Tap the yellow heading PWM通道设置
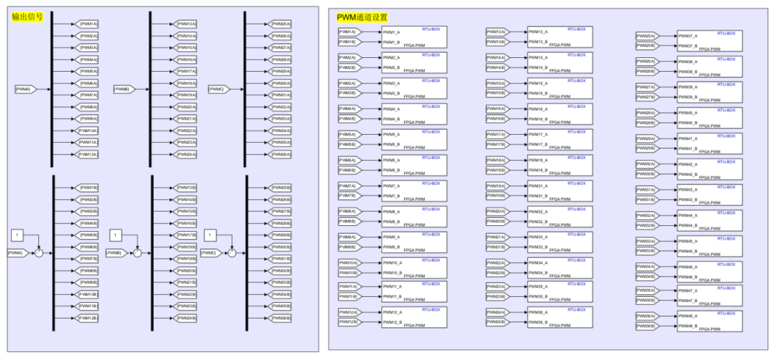tap(362, 17)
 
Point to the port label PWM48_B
tap(687, 327)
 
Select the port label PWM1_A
tap(391, 32)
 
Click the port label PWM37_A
tap(687, 35)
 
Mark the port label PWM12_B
tap(392, 322)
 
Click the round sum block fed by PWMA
tap(40, 252)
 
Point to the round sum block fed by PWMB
tap(138, 252)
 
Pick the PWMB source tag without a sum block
tap(122, 89)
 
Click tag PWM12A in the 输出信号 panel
tap(88, 154)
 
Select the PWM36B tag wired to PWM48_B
tap(645, 326)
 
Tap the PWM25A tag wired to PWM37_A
tap(645, 35)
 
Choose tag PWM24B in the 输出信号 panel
tap(186, 318)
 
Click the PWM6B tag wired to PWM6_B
tap(348, 170)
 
